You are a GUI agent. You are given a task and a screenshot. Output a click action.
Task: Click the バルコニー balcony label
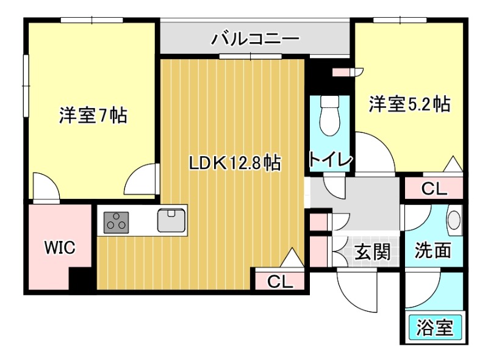(256, 40)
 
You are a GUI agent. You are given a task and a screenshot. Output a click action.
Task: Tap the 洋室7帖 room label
(93, 115)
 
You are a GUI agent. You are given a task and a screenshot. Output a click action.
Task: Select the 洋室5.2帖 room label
(409, 104)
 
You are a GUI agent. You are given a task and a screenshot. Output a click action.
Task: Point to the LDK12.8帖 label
(234, 163)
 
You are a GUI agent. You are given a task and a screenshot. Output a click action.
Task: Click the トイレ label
(331, 160)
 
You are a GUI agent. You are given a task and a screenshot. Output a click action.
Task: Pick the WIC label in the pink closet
(59, 248)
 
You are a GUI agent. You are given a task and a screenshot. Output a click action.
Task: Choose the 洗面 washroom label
(434, 250)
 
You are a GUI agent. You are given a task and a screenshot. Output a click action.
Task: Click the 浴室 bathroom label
(435, 328)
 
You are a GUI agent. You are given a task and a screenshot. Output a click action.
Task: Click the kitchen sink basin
(172, 220)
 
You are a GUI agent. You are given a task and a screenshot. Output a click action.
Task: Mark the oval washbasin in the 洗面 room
(454, 220)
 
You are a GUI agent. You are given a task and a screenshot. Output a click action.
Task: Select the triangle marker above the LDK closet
(292, 258)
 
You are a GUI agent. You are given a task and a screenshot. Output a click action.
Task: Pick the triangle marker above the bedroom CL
(453, 164)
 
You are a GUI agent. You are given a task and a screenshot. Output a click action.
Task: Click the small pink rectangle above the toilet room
(339, 72)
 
